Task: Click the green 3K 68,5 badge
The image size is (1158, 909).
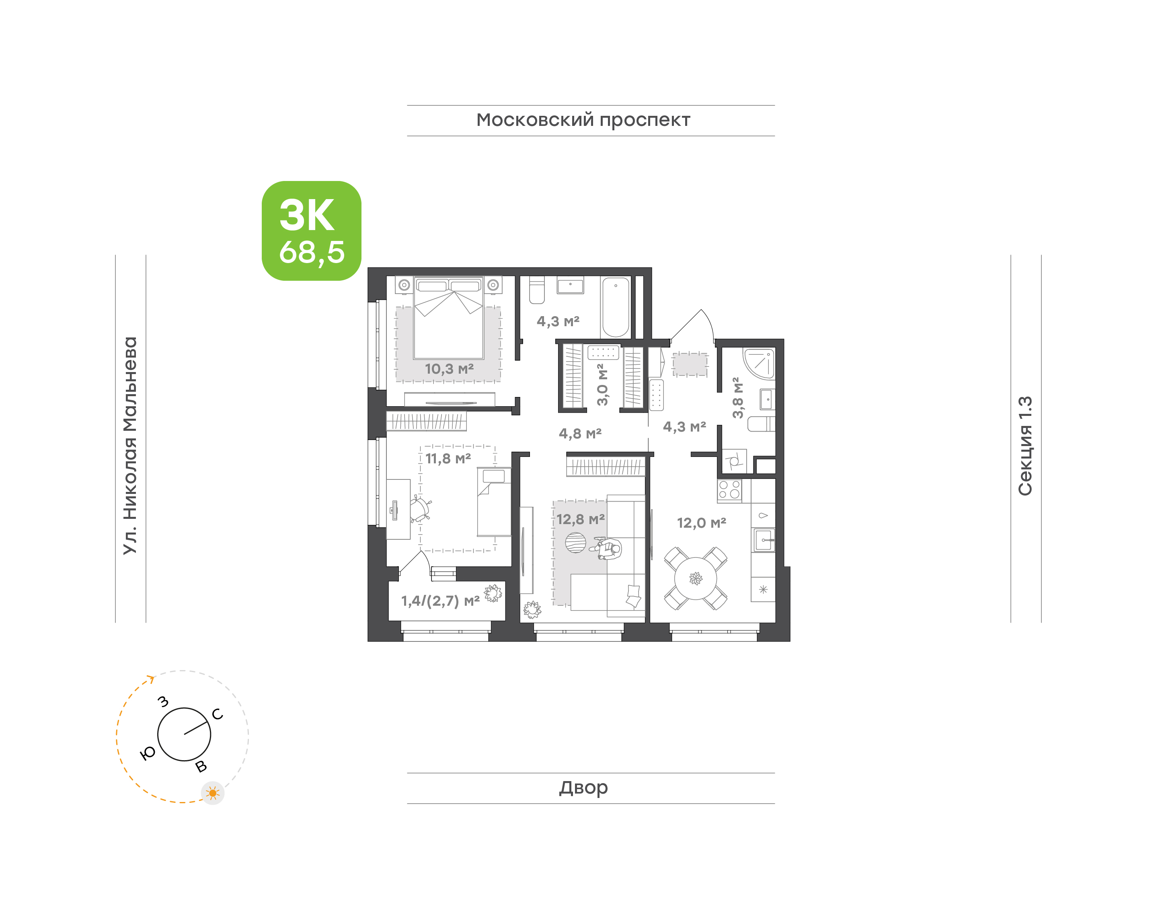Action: tap(311, 230)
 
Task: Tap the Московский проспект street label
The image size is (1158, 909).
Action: tap(583, 120)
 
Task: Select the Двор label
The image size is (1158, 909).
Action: tap(583, 787)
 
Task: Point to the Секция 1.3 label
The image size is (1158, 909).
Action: tap(1025, 446)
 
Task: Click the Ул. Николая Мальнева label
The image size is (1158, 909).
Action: tap(130, 446)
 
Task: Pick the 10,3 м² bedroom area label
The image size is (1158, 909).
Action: tap(449, 368)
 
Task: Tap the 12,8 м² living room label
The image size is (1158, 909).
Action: tap(580, 519)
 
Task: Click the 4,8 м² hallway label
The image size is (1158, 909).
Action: tap(580, 433)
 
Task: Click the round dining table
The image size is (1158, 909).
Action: tap(695, 578)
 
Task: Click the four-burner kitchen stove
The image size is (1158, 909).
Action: tap(729, 490)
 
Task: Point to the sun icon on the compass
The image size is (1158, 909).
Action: tap(213, 793)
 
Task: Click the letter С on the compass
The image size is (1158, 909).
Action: tap(218, 714)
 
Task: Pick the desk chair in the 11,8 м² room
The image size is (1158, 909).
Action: tap(420, 509)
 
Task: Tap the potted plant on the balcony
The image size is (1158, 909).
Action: tap(493, 592)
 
